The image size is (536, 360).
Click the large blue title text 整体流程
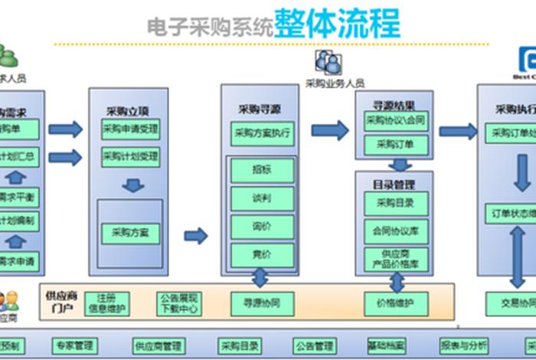pyautogui.click(x=337, y=25)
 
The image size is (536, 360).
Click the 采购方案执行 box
pyautogui.click(x=262, y=133)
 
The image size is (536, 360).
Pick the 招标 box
pyautogui.click(x=262, y=170)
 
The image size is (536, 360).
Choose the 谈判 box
pyautogui.click(x=262, y=198)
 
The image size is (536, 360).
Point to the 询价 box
pyautogui.click(x=262, y=227)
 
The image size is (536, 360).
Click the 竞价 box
pyautogui.click(x=262, y=254)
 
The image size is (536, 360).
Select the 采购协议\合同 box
pyautogui.click(x=394, y=120)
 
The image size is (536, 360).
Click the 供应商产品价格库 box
pyautogui.click(x=394, y=258)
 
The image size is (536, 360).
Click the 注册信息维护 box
pyautogui.click(x=106, y=303)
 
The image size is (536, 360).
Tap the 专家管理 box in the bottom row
pyautogui.click(x=75, y=345)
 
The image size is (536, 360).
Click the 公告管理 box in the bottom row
pyautogui.click(x=314, y=345)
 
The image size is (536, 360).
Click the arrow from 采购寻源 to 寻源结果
pyautogui.click(x=330, y=130)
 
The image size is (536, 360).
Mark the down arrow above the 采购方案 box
pyautogui.click(x=132, y=185)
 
